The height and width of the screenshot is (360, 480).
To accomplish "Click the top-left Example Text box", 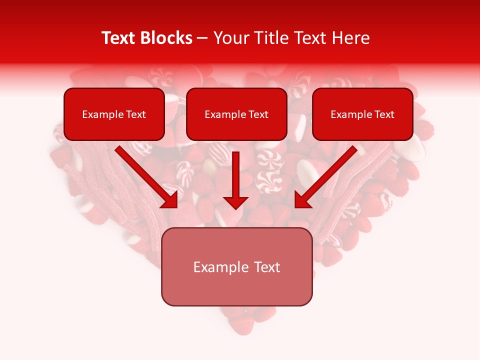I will [x=114, y=114].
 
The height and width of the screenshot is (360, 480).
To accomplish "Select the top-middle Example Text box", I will [x=236, y=114].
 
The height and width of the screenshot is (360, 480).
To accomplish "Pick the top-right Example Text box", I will [x=362, y=114].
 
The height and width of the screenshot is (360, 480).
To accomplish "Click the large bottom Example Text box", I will [x=236, y=266].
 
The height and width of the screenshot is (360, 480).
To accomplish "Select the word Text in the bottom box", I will [x=267, y=267].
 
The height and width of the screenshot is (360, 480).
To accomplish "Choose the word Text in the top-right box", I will [x=384, y=114].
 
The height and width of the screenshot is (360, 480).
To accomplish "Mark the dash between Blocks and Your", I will [x=202, y=38].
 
